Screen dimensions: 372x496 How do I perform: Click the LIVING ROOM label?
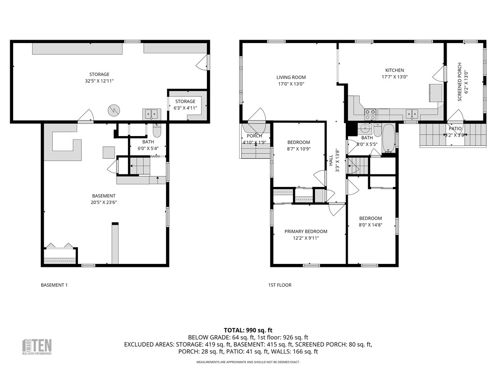click(291, 77)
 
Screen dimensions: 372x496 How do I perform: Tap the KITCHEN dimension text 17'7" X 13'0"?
click(394, 77)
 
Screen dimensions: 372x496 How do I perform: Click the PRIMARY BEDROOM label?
click(306, 232)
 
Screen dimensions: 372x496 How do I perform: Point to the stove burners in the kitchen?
click(370, 114)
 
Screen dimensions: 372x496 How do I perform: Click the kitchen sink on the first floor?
click(412, 114)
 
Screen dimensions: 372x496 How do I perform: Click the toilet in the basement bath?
click(157, 131)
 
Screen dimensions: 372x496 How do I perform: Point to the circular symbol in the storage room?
click(113, 110)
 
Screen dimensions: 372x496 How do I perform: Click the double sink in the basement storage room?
click(152, 114)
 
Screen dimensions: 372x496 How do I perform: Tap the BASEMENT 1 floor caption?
click(54, 285)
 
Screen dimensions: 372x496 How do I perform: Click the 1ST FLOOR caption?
click(280, 285)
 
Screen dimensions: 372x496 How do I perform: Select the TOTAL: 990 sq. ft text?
click(248, 330)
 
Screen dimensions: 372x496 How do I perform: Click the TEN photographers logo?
click(37, 346)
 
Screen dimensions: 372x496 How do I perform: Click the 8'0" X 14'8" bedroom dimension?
click(370, 225)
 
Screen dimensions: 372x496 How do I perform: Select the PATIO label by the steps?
click(455, 129)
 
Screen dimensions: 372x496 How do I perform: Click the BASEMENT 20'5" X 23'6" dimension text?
click(104, 202)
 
